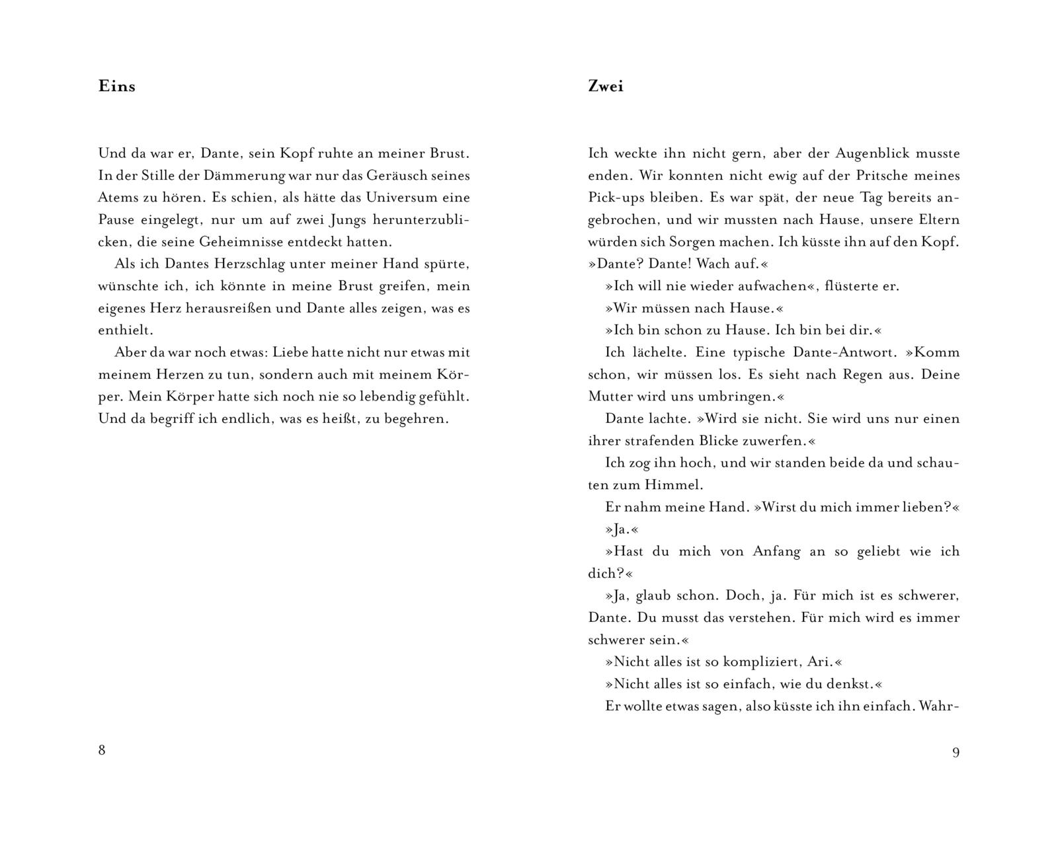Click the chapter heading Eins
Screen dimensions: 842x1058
116,87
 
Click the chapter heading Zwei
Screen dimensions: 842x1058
605,87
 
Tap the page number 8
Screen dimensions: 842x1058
102,750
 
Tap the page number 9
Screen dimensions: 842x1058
956,752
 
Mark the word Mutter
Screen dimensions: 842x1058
610,397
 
